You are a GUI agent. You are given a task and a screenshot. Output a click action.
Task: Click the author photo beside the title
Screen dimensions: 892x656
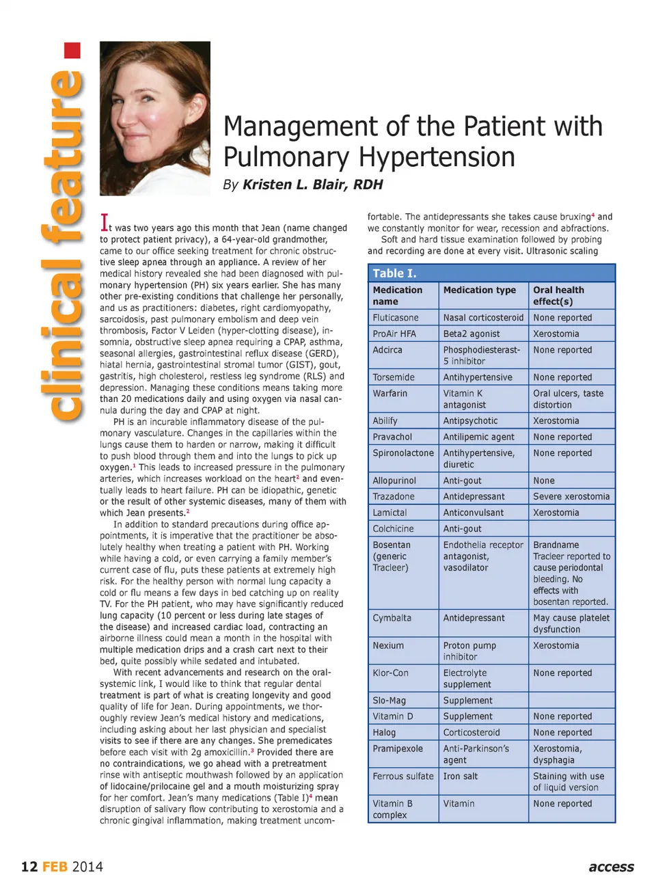[x=154, y=118]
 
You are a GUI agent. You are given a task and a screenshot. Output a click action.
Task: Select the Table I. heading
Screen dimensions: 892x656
[x=394, y=273]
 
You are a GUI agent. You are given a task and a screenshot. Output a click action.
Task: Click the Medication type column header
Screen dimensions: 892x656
[x=479, y=290]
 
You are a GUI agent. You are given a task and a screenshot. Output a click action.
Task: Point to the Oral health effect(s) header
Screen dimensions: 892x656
[x=558, y=295]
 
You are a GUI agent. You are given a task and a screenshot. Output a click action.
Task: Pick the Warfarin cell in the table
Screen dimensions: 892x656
[x=389, y=394]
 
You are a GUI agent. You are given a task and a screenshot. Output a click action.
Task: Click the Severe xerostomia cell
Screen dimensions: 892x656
[x=571, y=497]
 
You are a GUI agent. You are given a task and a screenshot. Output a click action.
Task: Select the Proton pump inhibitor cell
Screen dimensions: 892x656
[x=469, y=651]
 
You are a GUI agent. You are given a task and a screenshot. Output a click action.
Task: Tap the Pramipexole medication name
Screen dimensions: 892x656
[x=398, y=748]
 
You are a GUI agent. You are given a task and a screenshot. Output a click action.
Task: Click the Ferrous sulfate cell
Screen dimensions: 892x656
[x=402, y=776]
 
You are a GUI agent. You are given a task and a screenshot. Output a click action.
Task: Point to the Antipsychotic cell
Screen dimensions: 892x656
[x=470, y=421]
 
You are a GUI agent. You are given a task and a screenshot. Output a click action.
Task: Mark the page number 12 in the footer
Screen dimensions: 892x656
[x=29, y=867]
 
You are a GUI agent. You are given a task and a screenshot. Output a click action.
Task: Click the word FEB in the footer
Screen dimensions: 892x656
[x=55, y=867]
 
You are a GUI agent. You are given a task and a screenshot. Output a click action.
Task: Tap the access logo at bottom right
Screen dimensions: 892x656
[x=611, y=867]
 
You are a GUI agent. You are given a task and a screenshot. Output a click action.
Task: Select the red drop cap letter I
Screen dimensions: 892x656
[x=105, y=223]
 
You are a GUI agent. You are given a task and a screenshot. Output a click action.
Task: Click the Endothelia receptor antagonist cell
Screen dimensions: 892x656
[x=482, y=556]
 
